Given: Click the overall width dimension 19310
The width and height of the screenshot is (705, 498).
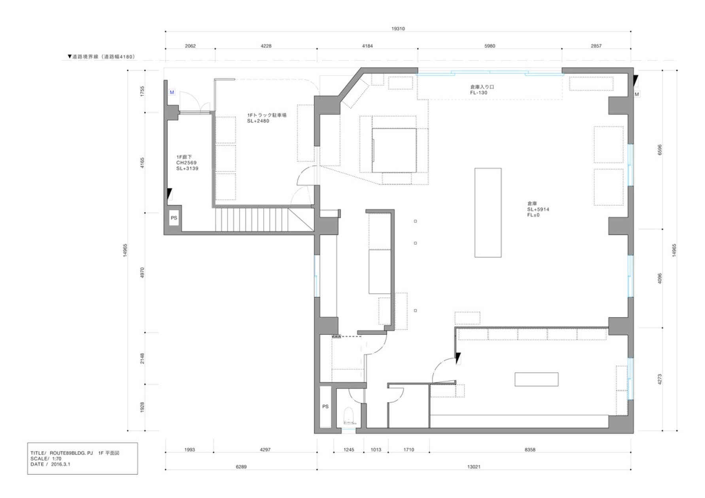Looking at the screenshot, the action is coord(398,28).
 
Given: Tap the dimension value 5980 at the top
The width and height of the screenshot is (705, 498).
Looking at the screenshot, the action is coord(490,46).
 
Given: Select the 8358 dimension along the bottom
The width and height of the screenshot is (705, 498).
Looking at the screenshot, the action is coord(530,450).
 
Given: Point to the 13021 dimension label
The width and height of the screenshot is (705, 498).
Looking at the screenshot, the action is coord(474,467).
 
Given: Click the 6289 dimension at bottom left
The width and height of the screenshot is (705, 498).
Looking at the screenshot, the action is coord(241,467).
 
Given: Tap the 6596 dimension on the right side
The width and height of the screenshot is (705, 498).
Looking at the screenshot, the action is coord(660,150).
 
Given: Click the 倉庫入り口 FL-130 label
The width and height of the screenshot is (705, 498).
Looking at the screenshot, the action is coord(482,90).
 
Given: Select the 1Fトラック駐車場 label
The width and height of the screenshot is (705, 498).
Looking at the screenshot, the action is coord(267,118).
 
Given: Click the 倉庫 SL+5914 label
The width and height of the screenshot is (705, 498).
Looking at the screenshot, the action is coord(538,209).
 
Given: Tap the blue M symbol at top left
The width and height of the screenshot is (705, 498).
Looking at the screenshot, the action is coord(172,92).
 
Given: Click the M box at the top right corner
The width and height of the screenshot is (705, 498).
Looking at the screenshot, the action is coord(637,94).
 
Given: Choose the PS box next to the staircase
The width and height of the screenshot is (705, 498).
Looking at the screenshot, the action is coord(174,218).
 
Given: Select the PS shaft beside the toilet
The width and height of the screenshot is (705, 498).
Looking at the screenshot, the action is coord(325,407).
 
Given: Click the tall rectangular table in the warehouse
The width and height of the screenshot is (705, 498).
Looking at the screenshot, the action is coord(488,213).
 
